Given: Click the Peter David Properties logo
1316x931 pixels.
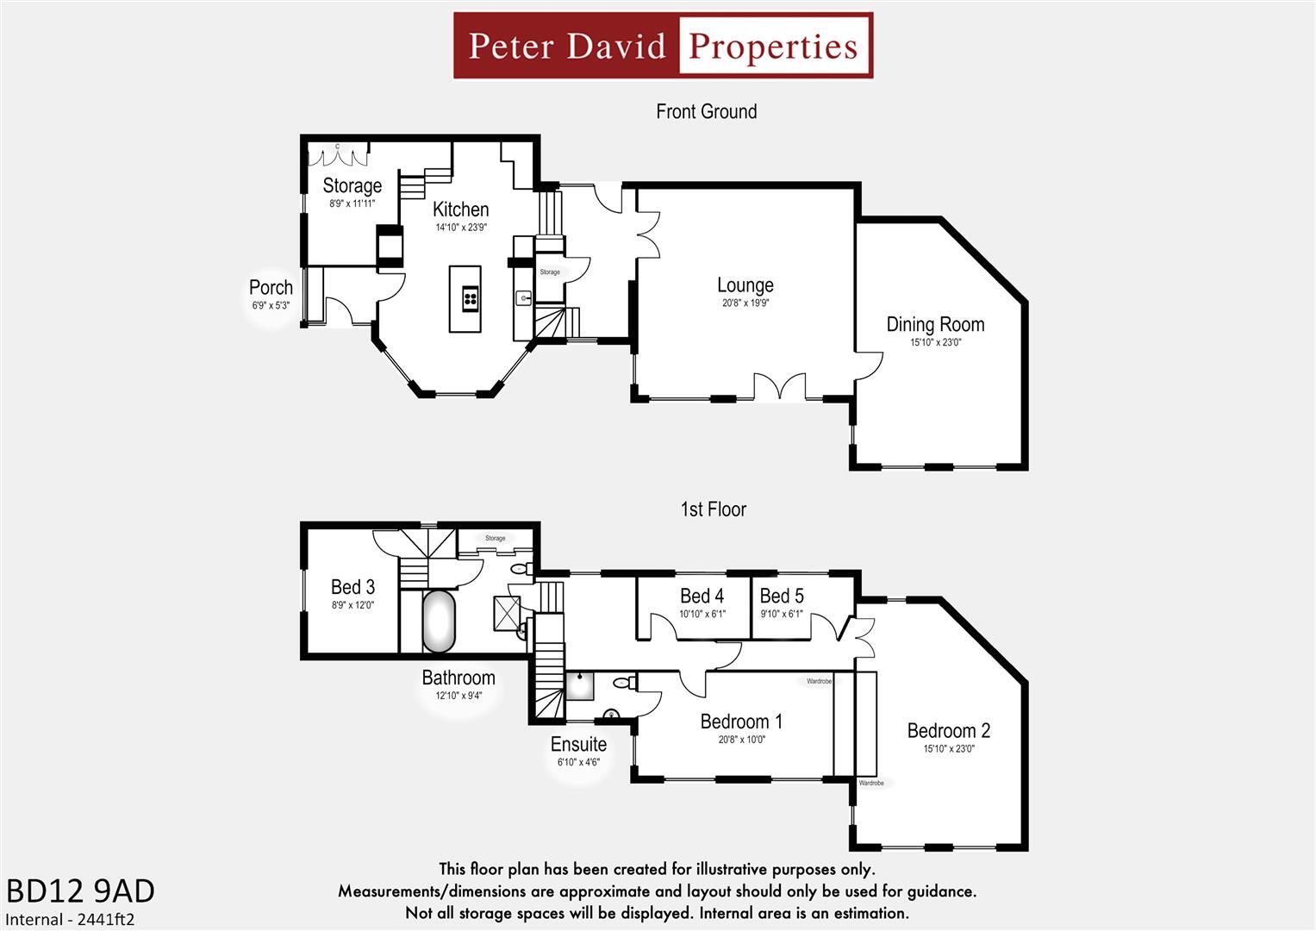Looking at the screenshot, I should coord(663,46).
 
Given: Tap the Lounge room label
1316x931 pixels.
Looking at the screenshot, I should coord(745,285).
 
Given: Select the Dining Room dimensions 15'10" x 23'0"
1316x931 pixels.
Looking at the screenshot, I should coord(935,342).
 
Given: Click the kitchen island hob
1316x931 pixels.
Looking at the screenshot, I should coord(471,298).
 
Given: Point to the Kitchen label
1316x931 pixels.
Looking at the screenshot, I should coord(460,209).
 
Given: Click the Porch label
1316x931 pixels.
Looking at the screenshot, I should coord(271,288).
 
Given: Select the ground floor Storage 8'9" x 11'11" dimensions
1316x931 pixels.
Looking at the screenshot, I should coord(352,204).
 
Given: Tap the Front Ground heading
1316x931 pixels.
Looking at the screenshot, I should coord(706,111).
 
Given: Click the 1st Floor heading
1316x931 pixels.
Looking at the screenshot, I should coord(713,509).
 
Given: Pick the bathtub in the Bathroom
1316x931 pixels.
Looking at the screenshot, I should coord(439,622).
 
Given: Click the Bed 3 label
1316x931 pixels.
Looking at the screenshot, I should coord(352,587).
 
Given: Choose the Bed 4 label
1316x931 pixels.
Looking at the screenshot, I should coord(702,596).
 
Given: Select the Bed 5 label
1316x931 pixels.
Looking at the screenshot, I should coord(781,596).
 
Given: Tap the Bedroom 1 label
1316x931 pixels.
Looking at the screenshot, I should coord(741,722).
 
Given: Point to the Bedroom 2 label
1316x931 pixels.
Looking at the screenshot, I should coord(948,731).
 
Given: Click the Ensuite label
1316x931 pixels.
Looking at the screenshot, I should coord(578,744).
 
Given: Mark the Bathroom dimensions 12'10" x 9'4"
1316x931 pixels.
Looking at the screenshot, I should coord(458,696).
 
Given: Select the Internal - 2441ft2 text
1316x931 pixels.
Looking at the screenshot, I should coord(71,920).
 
